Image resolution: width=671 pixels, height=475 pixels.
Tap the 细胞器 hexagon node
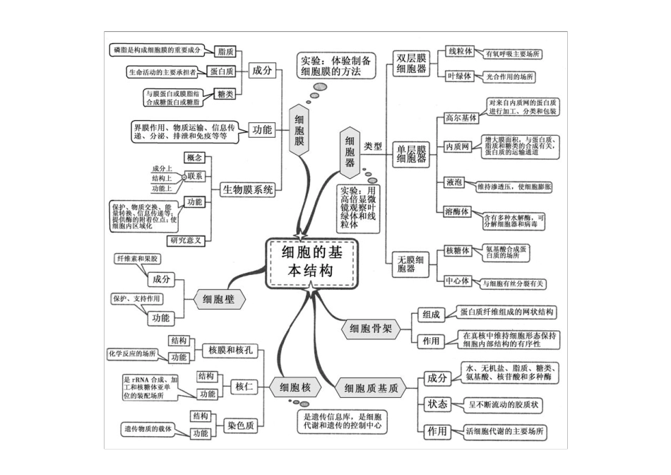tap(349, 151)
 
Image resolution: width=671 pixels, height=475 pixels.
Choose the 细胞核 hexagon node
tap(295, 387)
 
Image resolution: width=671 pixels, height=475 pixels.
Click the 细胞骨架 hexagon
tap(371, 328)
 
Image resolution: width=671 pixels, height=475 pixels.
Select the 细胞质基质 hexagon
tap(372, 388)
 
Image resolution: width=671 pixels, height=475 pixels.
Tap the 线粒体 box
tap(459, 52)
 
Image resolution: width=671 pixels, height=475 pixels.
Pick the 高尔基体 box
tap(461, 117)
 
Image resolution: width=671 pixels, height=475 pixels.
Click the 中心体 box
tap(458, 281)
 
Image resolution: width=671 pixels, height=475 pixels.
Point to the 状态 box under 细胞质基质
tap(437, 404)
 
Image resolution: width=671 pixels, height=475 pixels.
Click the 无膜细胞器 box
tap(410, 264)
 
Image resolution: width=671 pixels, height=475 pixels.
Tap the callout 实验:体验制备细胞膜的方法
tap(335, 66)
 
